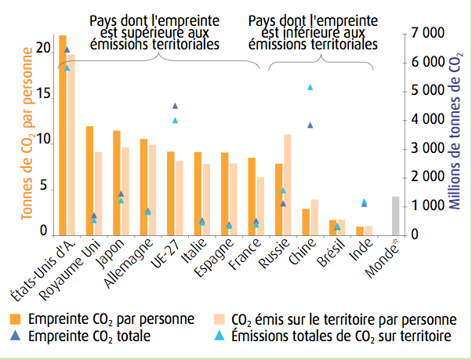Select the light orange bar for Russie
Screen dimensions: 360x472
(x=288, y=185)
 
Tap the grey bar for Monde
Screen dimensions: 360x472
(x=395, y=216)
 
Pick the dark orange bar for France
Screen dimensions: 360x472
(x=252, y=196)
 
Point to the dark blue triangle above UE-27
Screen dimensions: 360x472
(x=175, y=106)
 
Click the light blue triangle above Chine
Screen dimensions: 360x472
(x=310, y=87)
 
